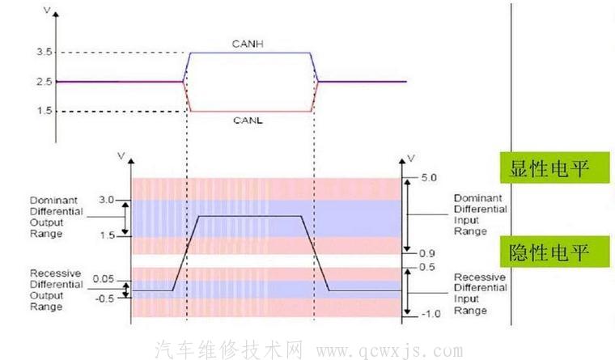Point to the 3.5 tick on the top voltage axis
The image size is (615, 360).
coord(45,53)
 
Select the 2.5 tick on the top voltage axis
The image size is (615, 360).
coord(45,82)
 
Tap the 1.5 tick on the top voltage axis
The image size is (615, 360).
coord(45,111)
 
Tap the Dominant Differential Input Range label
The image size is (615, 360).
coord(480,214)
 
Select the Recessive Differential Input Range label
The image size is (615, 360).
coord(480,294)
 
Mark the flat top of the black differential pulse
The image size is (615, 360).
coord(251,216)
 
